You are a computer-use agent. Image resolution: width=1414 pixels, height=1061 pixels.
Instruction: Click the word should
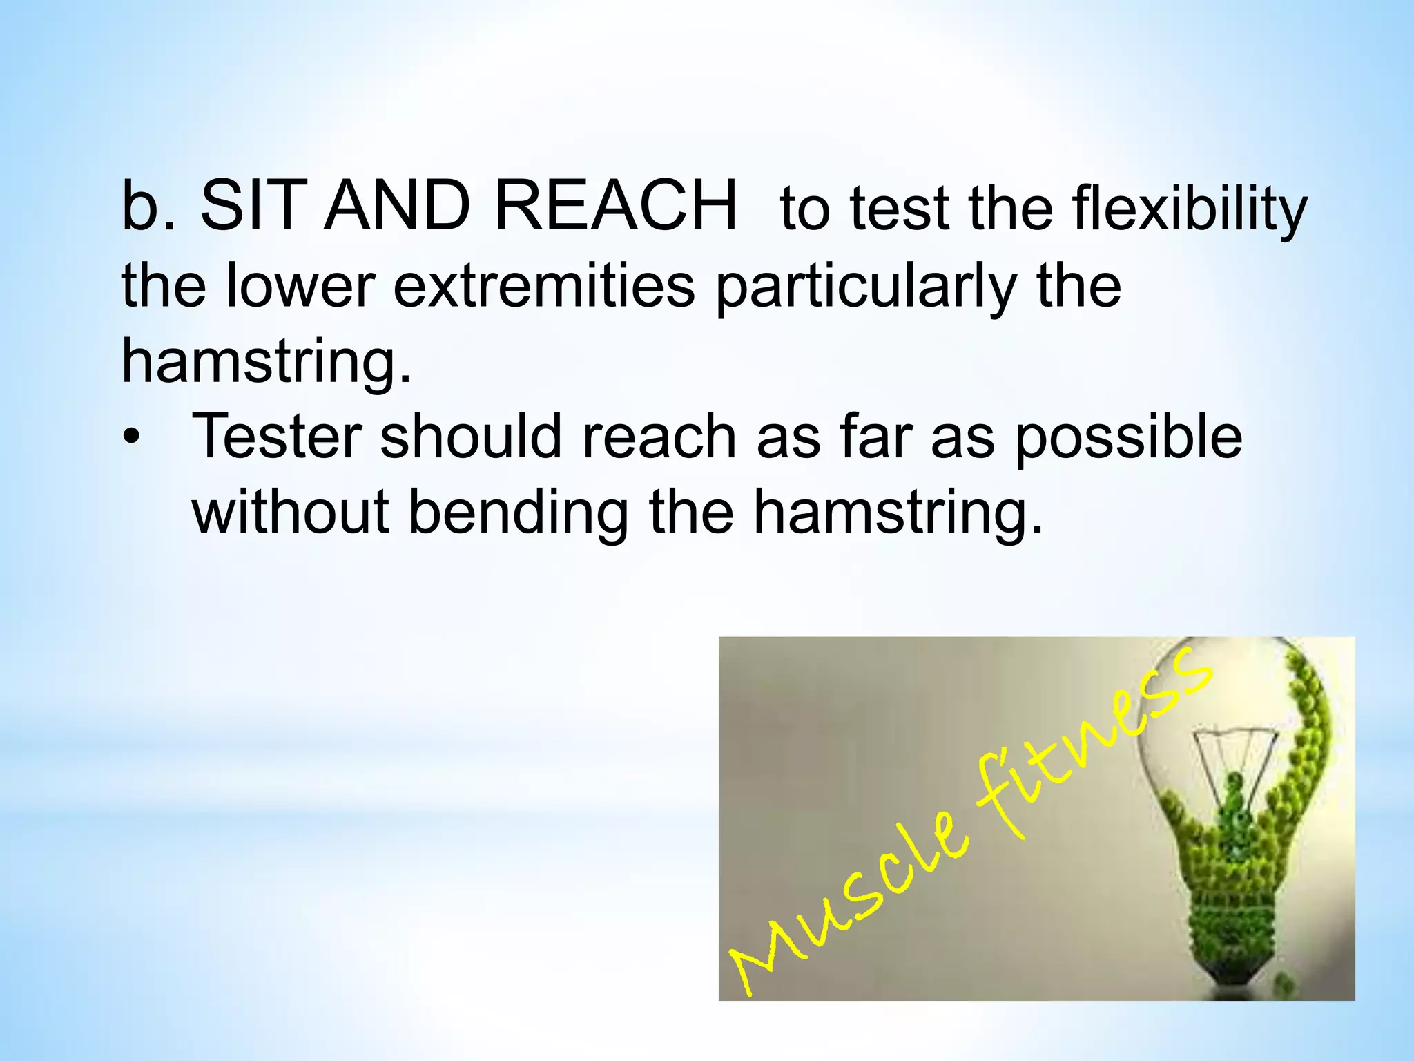(x=471, y=437)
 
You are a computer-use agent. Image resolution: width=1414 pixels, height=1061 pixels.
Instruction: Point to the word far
(x=875, y=437)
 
